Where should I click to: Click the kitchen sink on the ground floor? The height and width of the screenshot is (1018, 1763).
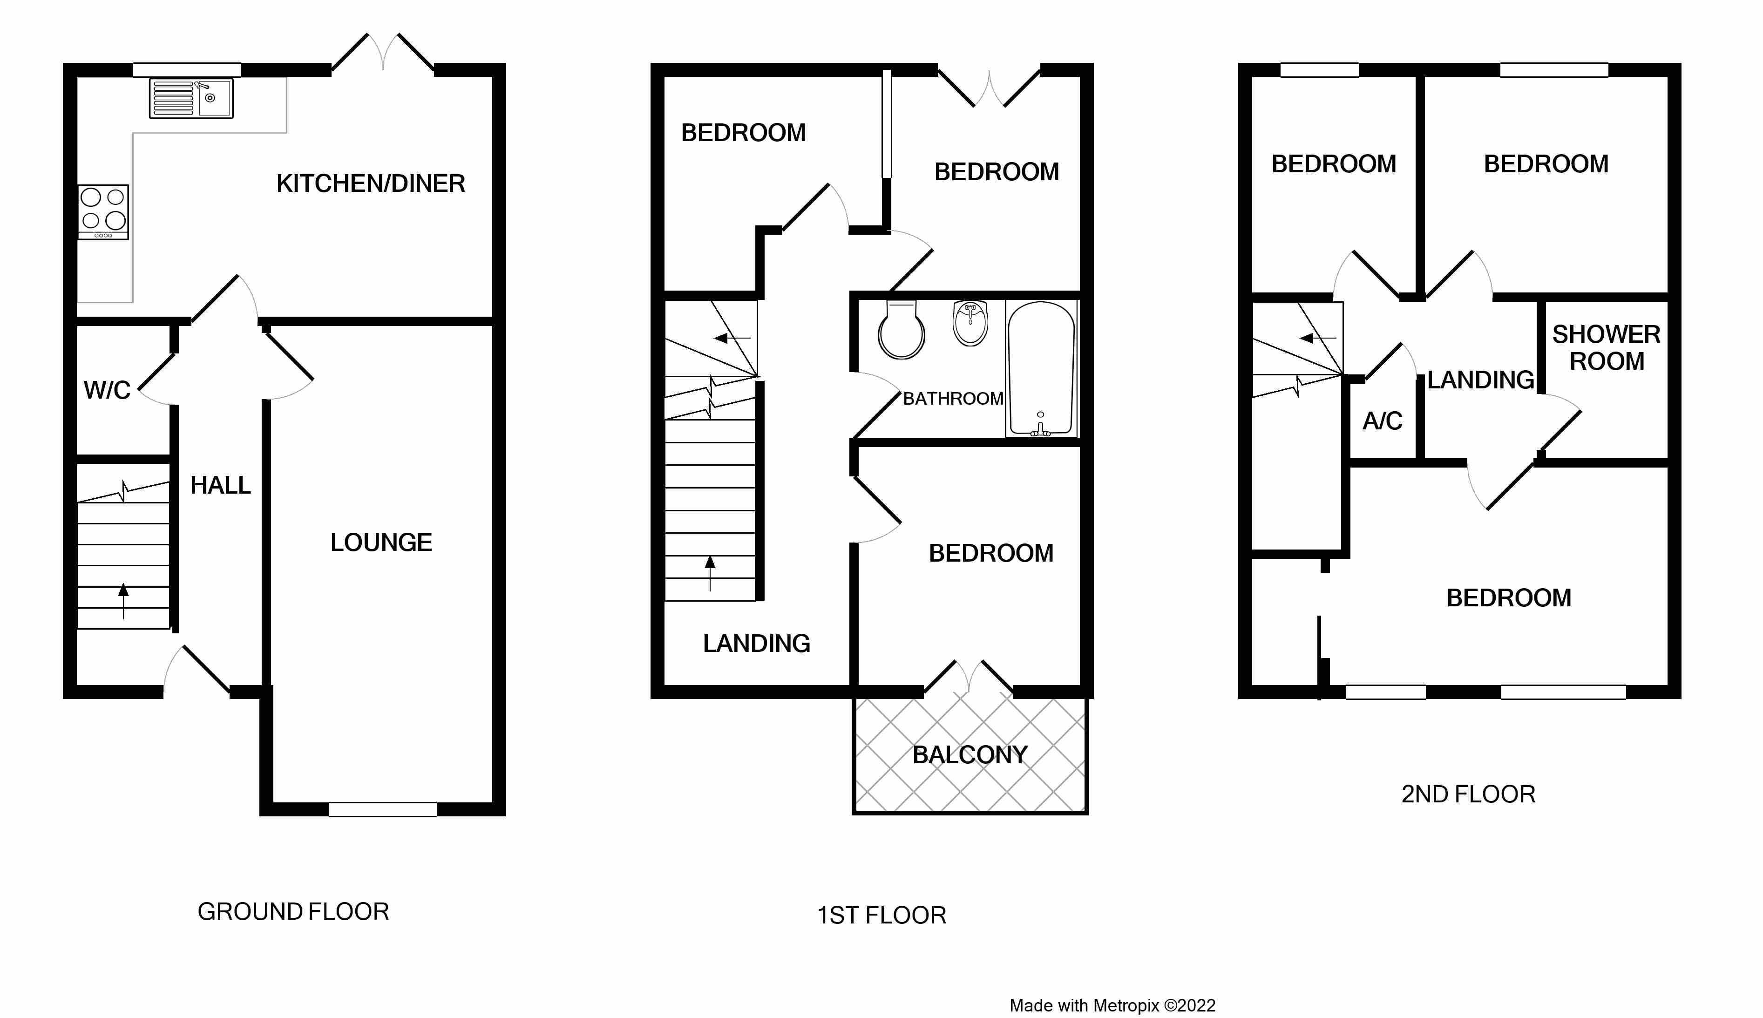[x=191, y=98]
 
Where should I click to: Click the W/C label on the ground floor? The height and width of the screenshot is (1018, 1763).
[x=107, y=390]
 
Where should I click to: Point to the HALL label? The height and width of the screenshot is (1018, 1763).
[x=221, y=485]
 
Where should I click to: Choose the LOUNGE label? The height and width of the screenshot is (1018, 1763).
[x=381, y=543]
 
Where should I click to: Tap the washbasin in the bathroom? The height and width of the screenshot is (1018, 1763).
[x=970, y=323]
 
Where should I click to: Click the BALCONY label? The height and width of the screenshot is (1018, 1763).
[x=970, y=755]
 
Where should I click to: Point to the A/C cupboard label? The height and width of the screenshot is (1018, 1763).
[x=1383, y=421]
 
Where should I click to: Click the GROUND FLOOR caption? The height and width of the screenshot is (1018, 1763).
[x=293, y=912]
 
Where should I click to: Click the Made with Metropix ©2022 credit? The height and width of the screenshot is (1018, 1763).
[x=1112, y=1005]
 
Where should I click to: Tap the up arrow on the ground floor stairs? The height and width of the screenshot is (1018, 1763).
[x=124, y=601]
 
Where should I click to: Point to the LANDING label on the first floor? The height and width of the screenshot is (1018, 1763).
[x=756, y=643]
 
